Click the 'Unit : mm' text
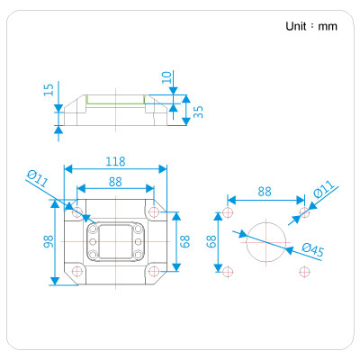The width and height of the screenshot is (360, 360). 311,26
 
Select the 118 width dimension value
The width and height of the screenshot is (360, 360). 115,162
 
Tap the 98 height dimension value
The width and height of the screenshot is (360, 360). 49,241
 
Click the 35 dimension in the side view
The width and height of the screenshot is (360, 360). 198,112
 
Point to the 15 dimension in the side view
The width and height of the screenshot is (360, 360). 49,90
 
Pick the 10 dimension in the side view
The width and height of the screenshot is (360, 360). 166,77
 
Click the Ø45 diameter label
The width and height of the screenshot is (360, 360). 313,250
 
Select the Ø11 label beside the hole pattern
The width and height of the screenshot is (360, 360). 324,189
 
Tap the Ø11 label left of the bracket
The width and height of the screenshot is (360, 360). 37,178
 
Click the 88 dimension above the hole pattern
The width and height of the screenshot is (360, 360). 265,192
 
